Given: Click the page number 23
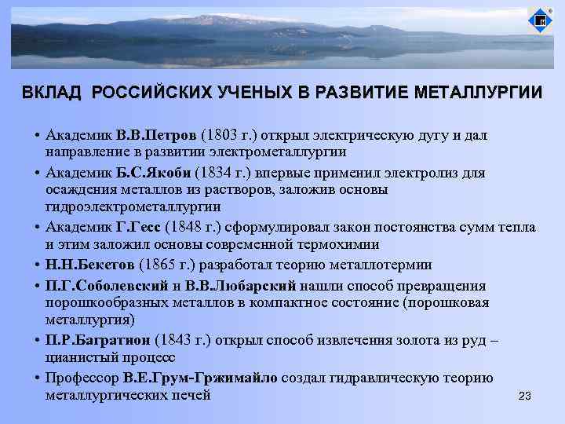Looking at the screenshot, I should pyautogui.click(x=525, y=396).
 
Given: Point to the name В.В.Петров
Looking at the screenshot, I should pyautogui.click(x=157, y=135).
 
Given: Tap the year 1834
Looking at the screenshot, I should pyautogui.click(x=215, y=173).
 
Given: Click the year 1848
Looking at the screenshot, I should pyautogui.click(x=188, y=227).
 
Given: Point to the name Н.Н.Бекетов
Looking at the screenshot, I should pyautogui.click(x=89, y=265).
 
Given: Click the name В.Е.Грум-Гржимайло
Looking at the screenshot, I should pyautogui.click(x=199, y=378).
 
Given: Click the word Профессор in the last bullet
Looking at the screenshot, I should pyautogui.click(x=81, y=378).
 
